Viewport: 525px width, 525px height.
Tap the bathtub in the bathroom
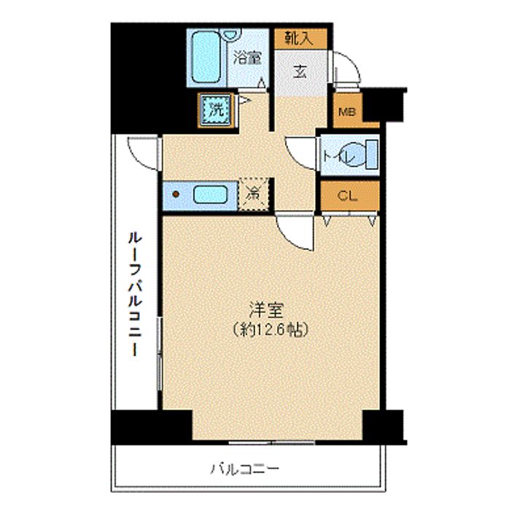(210, 56)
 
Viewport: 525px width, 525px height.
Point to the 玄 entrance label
(300, 71)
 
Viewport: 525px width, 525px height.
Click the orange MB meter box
(346, 112)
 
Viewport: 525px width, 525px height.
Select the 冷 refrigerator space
(254, 194)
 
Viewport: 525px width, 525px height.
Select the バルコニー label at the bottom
(245, 468)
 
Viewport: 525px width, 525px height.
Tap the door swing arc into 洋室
(296, 233)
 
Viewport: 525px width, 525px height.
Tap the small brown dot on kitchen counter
(175, 195)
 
